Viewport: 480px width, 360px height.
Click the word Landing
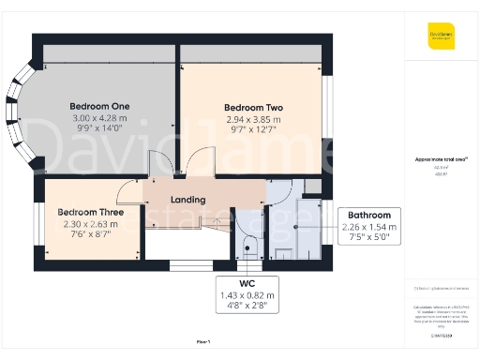[x=188, y=199]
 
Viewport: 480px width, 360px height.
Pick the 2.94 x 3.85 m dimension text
[x=253, y=120]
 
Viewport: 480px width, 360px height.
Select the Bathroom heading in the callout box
[x=369, y=215]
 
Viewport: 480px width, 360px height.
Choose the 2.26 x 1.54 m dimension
[x=369, y=227]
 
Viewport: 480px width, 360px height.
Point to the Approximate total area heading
[x=440, y=160]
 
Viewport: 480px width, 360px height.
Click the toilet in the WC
[x=247, y=248]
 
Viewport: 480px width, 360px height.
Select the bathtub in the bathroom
[x=308, y=226]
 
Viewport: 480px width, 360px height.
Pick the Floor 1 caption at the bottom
[x=203, y=343]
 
